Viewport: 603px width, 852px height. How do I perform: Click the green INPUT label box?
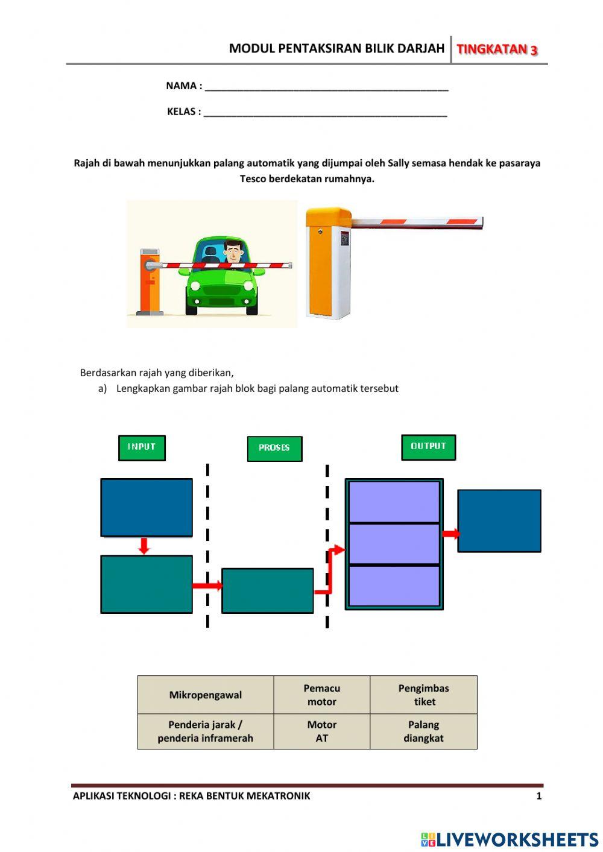142,447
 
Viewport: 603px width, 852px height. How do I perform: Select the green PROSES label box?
274,449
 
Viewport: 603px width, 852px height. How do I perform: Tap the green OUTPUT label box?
428,447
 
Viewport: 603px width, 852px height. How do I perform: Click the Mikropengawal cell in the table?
205,695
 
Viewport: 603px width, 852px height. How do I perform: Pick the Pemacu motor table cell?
321,695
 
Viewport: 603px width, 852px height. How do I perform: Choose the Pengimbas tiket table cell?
423,695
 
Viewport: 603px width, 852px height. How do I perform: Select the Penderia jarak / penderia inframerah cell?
205,731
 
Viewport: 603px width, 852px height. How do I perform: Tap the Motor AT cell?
321,731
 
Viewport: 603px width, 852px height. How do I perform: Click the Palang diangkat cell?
423,731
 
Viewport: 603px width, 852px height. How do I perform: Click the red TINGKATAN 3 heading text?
497,49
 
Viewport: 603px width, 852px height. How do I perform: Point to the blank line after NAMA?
326,86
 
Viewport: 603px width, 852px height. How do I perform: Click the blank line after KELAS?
325,112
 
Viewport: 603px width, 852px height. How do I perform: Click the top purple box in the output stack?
394,501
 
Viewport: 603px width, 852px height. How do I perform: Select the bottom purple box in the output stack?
394,585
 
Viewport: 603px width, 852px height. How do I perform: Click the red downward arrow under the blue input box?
144,546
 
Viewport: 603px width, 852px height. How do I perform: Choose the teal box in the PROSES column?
267,591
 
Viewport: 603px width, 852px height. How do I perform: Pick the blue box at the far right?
499,520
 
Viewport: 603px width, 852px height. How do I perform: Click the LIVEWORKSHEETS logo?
509,839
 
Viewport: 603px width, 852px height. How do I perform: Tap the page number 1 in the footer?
538,796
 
